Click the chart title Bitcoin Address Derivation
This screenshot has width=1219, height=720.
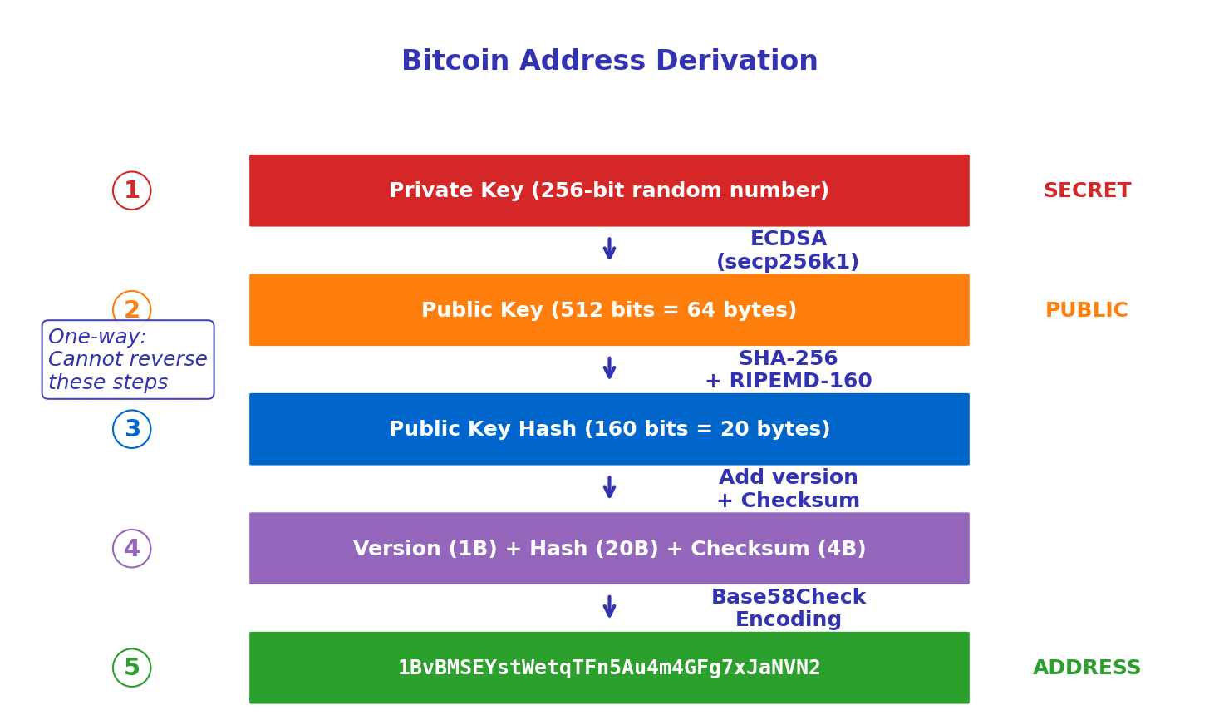pos(609,61)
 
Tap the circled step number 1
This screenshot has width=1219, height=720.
pos(132,190)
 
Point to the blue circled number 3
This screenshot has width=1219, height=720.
pos(132,429)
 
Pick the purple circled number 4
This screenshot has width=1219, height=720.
pos(132,549)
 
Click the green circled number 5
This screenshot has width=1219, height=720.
pos(132,668)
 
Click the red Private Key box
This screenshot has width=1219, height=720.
pos(609,190)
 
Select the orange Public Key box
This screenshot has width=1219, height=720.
pos(609,310)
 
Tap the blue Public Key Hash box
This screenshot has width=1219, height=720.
pos(609,429)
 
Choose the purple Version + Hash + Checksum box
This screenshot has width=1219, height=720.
pos(609,549)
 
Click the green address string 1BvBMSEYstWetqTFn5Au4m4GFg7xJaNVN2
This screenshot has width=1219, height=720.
pos(609,668)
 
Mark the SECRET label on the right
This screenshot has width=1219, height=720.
pos(1087,190)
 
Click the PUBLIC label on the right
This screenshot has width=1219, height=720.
pos(1087,310)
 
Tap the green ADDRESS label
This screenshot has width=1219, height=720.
pos(1087,668)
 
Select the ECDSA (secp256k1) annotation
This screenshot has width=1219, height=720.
pos(788,250)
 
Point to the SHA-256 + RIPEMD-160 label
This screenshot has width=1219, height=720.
pos(788,370)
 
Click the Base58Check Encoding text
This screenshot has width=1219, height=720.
pos(788,609)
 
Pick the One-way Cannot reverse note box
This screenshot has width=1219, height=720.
pos(128,360)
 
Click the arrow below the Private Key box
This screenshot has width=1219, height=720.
pos(609,249)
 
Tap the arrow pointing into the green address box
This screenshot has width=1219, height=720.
pos(609,606)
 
